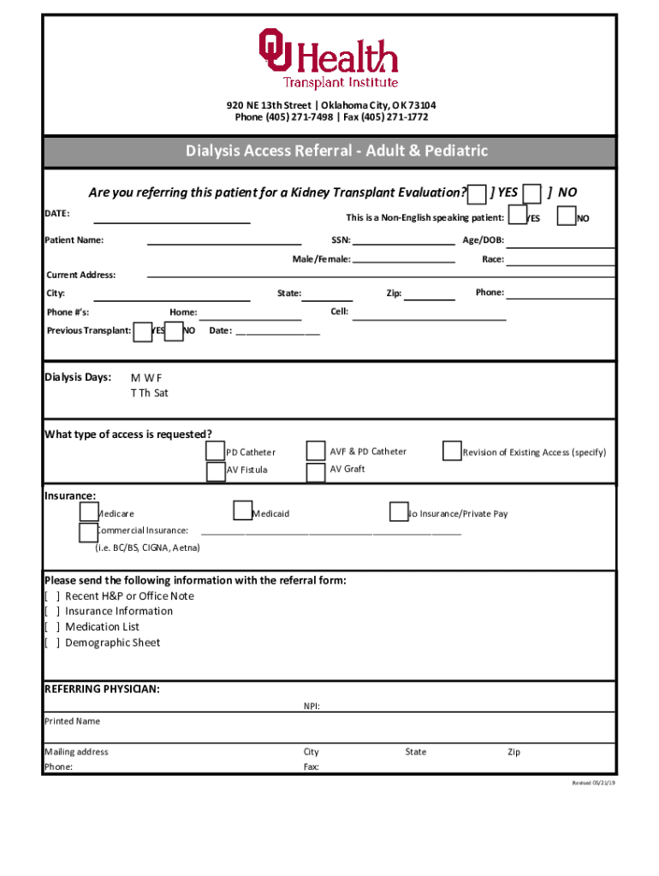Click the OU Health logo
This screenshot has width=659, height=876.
pos(329,57)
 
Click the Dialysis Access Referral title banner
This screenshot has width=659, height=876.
pos(329,151)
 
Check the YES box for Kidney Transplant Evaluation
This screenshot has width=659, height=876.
pos(478,193)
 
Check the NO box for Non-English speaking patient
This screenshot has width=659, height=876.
pos(566,216)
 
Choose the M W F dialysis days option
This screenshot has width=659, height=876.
pos(145,377)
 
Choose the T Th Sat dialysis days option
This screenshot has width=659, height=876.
pos(149,393)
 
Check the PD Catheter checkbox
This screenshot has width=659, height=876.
pos(216,451)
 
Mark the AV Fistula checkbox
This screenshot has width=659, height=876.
pos(216,471)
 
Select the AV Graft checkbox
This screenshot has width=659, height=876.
pos(316,471)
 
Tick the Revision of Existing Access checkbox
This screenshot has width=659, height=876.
pos(452,451)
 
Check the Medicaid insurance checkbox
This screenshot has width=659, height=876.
pos(242,512)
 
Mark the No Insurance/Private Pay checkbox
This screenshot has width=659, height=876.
pos(398,512)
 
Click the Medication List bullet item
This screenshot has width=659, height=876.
pos(101,627)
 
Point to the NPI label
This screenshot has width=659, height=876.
pos(312,707)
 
